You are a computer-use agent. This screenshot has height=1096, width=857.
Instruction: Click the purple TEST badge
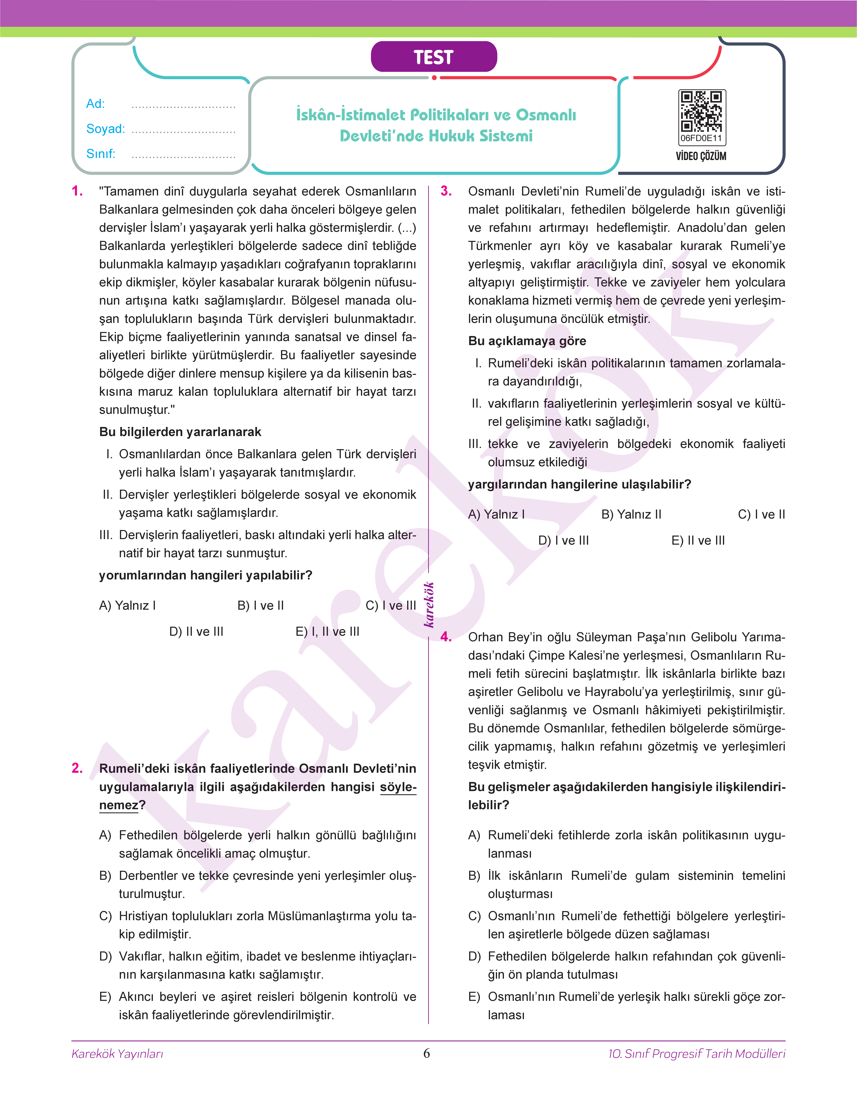point(434,57)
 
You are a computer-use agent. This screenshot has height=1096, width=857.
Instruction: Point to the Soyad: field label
point(105,129)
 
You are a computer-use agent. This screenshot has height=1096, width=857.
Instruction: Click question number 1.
point(77,191)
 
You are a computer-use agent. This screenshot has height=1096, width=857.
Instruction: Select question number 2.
point(77,768)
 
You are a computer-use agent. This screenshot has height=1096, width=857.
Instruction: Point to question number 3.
point(446,191)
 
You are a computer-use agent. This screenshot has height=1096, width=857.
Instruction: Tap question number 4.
point(446,637)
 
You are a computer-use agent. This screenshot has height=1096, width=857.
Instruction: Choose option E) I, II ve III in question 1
point(327,632)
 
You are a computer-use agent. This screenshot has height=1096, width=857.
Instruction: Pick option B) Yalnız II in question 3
point(631,515)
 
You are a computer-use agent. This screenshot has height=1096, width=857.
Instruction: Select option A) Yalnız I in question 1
point(127,605)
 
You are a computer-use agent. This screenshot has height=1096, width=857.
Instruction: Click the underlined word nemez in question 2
point(118,805)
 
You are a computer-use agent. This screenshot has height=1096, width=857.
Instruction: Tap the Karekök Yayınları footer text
point(117,1054)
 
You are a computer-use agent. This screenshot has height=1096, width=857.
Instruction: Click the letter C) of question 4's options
point(474,916)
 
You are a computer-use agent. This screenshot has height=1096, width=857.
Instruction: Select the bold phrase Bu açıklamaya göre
point(527,341)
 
